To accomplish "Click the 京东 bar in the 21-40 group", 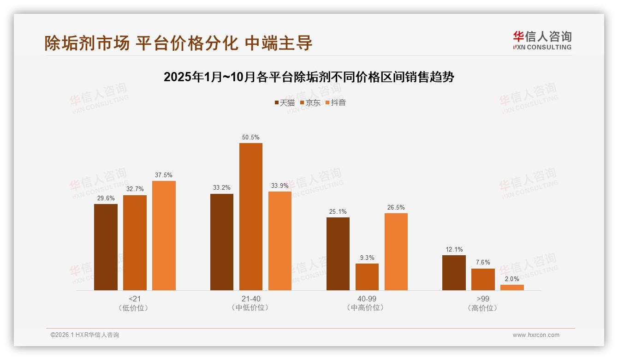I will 250,216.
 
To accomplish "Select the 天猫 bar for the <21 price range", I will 106,247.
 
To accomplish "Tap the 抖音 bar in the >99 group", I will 512,288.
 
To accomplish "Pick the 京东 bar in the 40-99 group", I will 367,277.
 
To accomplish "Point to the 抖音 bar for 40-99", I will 396,252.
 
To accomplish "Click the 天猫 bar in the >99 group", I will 454,273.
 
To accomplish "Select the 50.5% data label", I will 250,137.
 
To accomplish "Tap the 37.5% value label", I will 164,175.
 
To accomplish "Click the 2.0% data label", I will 512,279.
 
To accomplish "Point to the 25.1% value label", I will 338,211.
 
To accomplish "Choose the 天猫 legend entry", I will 285,103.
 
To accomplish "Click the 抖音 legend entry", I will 335,103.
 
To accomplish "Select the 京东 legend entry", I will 310,103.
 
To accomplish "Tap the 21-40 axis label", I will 250,299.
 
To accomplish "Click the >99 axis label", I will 482,299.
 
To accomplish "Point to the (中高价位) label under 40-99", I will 366,308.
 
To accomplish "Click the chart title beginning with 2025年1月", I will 309,77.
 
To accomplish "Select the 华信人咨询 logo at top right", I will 542,40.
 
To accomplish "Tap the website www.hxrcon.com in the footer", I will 536,335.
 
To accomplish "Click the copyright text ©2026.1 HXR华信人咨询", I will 85,335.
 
